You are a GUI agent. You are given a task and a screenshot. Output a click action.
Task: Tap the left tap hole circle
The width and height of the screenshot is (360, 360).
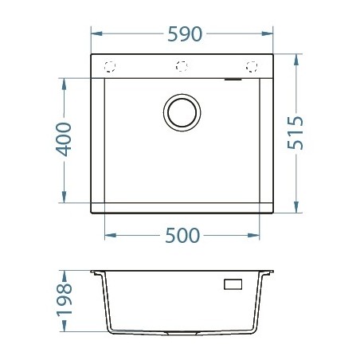[111, 66]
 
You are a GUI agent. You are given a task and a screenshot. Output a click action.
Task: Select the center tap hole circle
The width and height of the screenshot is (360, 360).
[181, 66]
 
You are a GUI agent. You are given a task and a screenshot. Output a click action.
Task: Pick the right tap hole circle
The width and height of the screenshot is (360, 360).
[252, 66]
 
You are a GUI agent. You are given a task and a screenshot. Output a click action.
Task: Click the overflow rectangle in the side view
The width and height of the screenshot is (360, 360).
[235, 284]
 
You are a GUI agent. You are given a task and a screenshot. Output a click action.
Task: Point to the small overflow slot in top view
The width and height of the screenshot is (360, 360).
[235, 79]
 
